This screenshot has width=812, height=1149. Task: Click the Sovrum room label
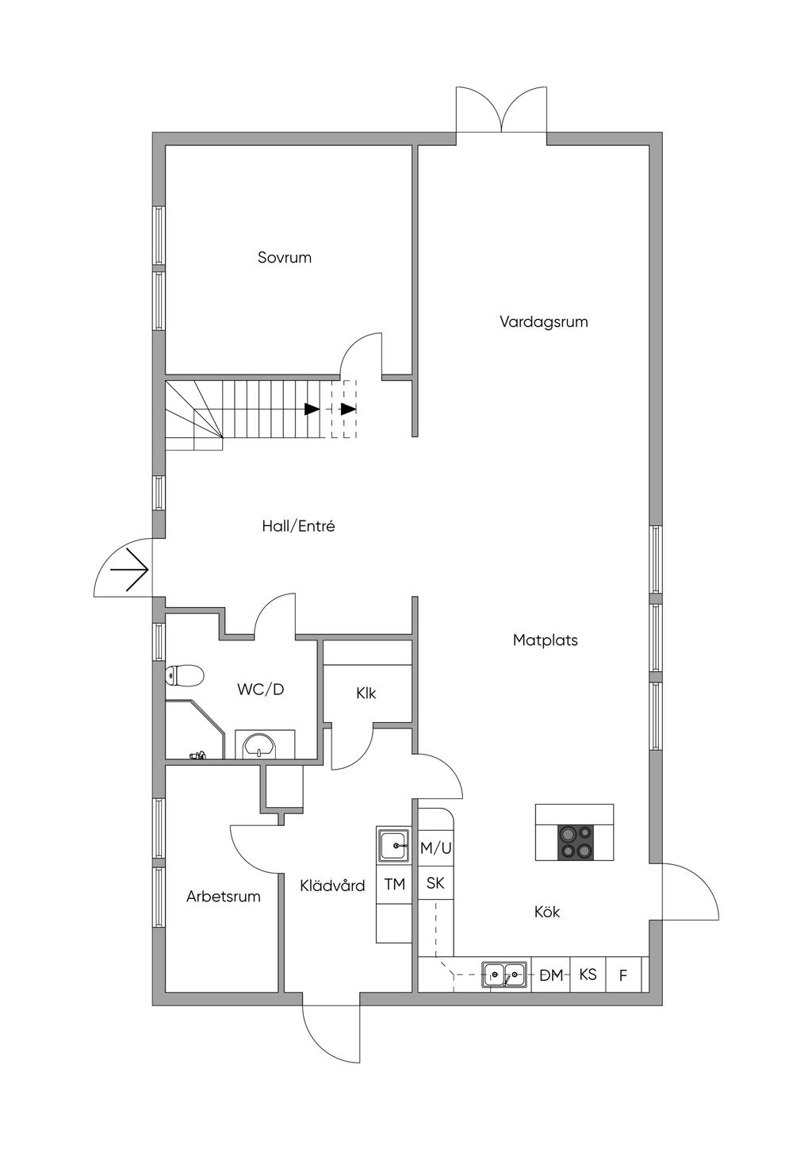285,257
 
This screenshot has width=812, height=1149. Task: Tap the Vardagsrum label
544,322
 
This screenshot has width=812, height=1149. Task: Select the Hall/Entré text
298,526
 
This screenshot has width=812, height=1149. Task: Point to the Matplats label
546,640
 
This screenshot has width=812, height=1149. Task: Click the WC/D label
260,690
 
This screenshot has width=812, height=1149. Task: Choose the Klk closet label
366,694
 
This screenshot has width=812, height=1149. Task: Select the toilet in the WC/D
185,675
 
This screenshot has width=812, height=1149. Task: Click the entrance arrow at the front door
130,570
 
